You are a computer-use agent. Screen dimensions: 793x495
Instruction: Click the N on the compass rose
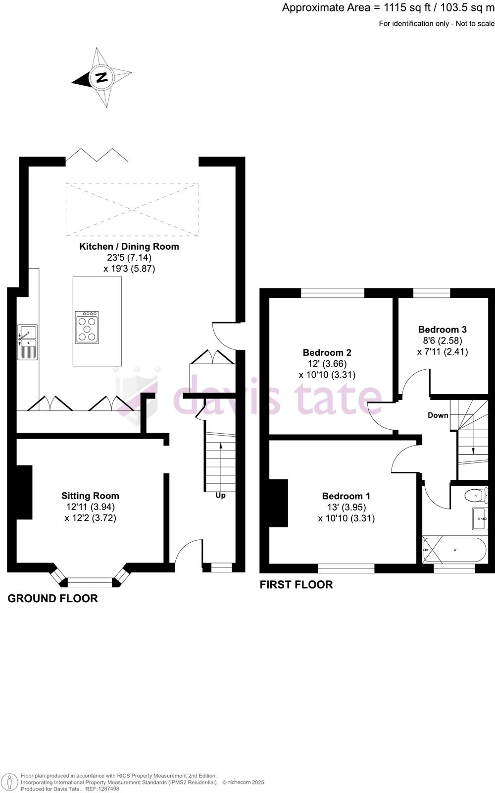tap(101, 77)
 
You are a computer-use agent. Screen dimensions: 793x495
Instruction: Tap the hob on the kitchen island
tap(87, 328)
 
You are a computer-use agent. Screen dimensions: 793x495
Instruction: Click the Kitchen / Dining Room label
tap(129, 246)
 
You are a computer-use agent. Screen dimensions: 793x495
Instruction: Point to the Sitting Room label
tap(90, 496)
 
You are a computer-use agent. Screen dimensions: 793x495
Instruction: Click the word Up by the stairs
tap(220, 495)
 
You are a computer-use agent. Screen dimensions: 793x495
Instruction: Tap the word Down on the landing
tap(438, 415)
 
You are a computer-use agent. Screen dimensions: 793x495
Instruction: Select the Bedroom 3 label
tap(442, 329)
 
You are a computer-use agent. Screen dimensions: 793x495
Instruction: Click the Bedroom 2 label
tap(327, 352)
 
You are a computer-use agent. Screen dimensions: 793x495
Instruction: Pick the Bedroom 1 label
tap(346, 496)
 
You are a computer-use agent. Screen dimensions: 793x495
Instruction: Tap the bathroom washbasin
tap(480, 518)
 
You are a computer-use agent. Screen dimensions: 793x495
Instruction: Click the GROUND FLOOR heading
tap(52, 598)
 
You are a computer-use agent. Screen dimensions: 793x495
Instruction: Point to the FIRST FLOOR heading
tap(296, 584)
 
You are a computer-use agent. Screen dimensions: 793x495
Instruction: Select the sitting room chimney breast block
tap(24, 492)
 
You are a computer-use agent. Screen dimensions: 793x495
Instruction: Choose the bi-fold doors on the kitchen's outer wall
tap(97, 155)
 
